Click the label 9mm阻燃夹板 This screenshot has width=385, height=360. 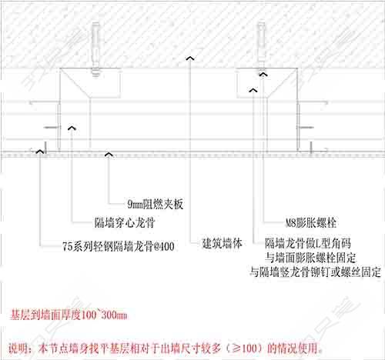click(x=156, y=204)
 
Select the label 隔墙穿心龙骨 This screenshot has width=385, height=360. click(x=125, y=222)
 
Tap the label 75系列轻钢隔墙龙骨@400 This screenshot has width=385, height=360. click(x=119, y=246)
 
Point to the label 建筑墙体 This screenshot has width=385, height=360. click(x=222, y=243)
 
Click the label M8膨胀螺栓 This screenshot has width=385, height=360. click(x=311, y=222)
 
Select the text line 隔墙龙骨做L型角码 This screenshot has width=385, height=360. click(x=308, y=243)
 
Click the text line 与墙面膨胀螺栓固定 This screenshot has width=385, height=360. click(x=310, y=258)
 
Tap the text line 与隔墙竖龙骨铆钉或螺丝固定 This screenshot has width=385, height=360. click(x=316, y=272)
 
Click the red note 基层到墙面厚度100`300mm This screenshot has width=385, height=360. click(x=69, y=315)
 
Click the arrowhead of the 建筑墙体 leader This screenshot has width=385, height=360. click(x=190, y=58)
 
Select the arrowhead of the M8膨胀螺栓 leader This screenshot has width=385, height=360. click(x=263, y=75)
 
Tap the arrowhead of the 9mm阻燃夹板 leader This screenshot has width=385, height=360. click(x=109, y=154)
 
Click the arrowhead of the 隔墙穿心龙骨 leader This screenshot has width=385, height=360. click(x=72, y=128)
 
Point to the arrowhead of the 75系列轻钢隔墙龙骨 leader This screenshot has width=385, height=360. click(x=40, y=152)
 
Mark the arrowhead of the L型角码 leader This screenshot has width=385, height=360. click(x=253, y=90)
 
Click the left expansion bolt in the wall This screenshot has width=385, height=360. click(x=95, y=49)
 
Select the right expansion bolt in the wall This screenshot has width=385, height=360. click(x=261, y=48)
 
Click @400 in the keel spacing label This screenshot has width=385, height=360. click(x=164, y=246)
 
